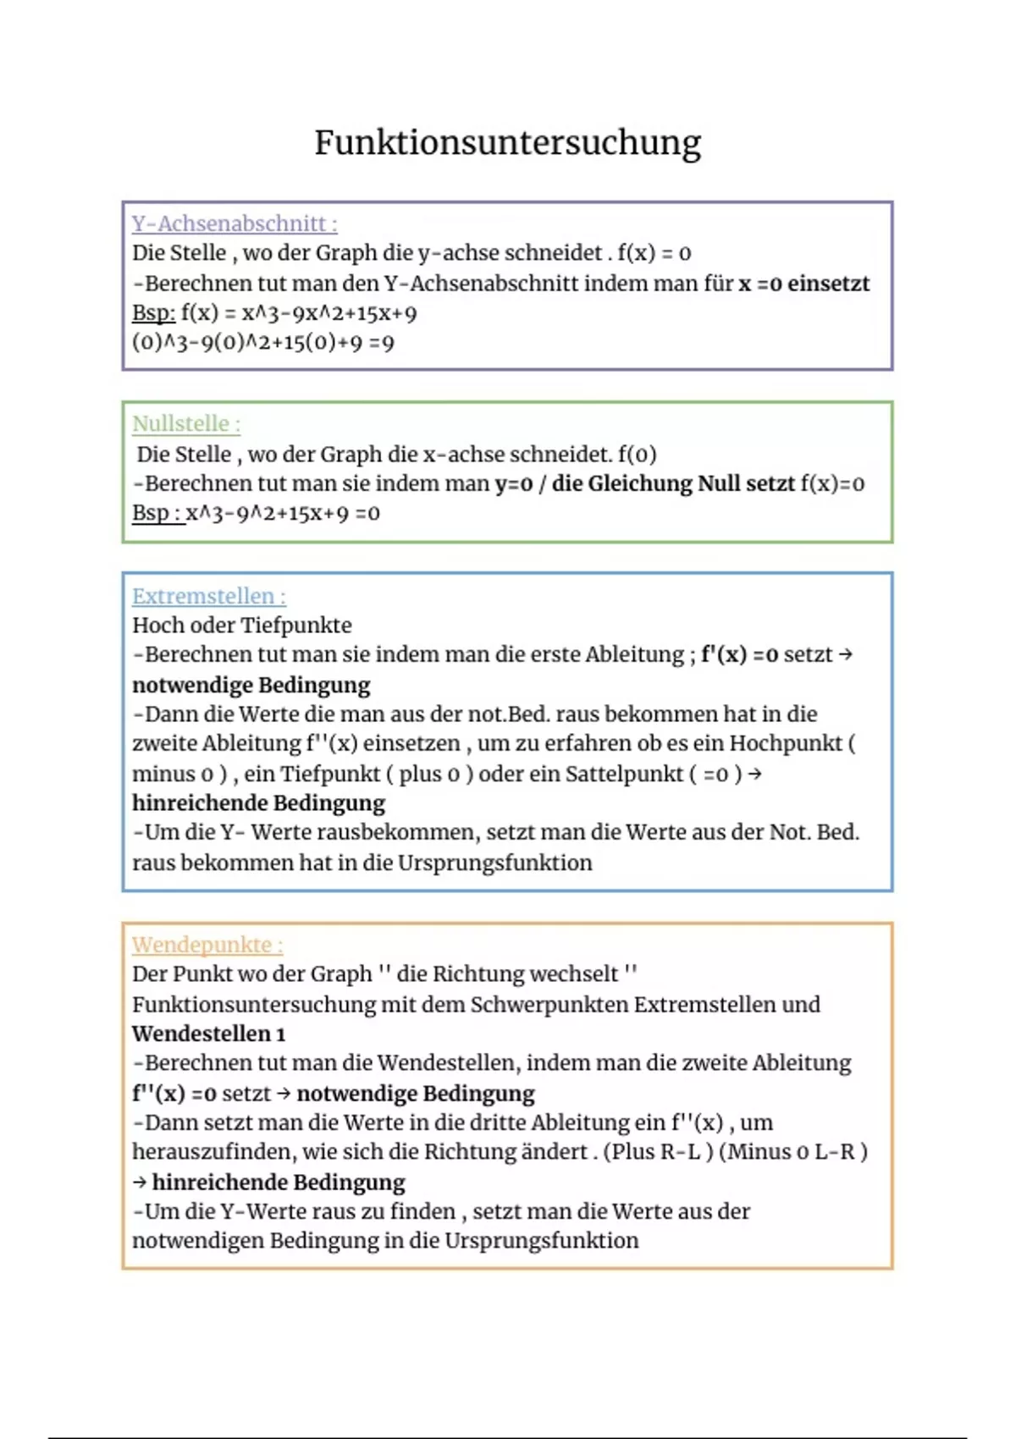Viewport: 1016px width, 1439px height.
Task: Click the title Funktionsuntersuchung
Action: point(507,142)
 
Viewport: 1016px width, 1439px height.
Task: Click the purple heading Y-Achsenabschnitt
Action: point(234,223)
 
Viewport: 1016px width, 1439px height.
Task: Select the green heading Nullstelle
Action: point(185,423)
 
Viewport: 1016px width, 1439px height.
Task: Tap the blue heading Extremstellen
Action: point(208,596)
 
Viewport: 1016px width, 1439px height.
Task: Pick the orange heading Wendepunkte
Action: point(207,945)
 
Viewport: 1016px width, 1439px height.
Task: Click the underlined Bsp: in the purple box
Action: point(153,313)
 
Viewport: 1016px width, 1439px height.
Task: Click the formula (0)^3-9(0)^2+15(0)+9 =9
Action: point(262,343)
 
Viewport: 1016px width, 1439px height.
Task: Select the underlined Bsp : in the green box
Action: point(157,513)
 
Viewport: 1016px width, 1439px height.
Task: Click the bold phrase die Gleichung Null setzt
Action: point(673,483)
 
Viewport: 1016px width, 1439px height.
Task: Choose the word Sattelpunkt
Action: point(622,774)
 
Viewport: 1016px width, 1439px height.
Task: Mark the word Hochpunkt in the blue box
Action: point(786,743)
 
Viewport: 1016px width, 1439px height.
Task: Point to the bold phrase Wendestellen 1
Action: point(208,1034)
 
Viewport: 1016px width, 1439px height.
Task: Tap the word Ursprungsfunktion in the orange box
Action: point(542,1241)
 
